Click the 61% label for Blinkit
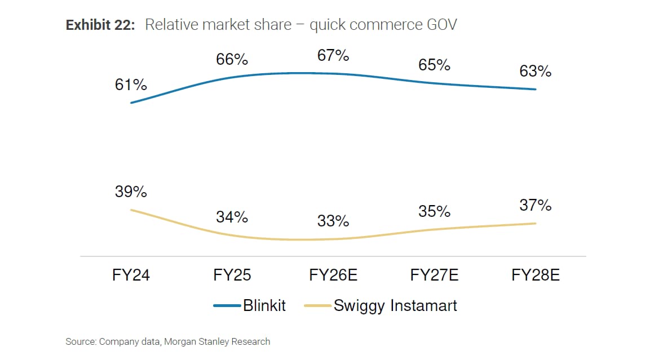(x=131, y=85)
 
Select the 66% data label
(x=232, y=60)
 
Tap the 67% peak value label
(x=333, y=56)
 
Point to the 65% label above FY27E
(x=434, y=65)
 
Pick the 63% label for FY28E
(x=536, y=72)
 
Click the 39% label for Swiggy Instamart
(x=131, y=192)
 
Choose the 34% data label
(x=232, y=217)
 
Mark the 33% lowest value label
(x=333, y=221)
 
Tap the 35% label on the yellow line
(x=434, y=211)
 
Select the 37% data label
(x=536, y=206)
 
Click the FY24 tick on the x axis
(x=131, y=275)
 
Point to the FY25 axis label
(x=232, y=275)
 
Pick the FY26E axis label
(x=333, y=275)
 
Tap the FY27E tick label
(x=434, y=275)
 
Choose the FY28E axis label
(x=536, y=275)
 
